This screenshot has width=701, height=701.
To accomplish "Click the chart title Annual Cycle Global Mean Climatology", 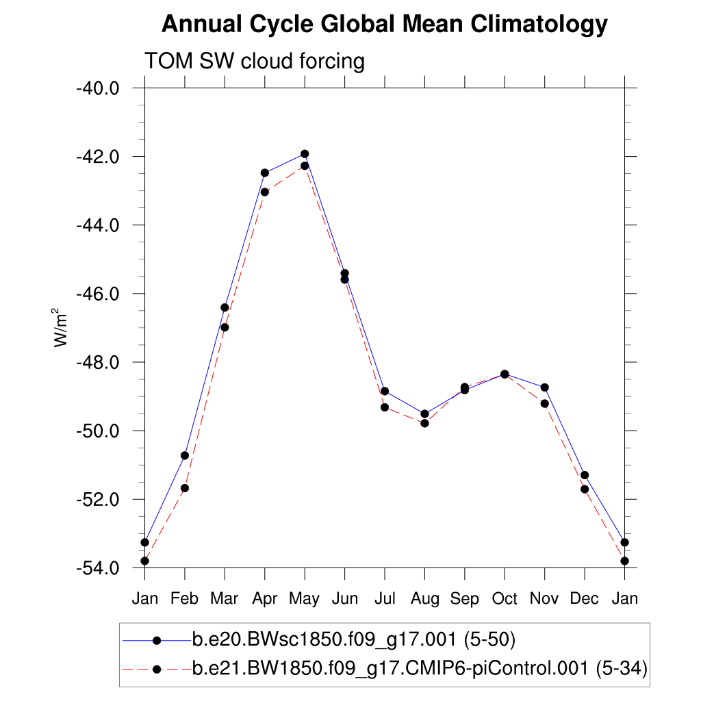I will coord(384,25).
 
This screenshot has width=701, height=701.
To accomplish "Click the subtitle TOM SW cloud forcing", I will coord(254,62).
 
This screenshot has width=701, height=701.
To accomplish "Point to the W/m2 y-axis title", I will coord(62,327).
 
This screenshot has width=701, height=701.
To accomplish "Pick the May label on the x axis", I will coord(304,599).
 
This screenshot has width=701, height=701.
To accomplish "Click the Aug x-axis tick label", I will coord(424,599).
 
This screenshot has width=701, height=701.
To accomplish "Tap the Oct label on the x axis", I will coord(505,599).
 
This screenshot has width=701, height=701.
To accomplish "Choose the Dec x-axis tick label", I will coord(585,599).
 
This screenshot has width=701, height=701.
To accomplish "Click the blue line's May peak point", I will coord(305,153).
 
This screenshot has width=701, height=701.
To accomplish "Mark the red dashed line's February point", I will coord(185,488).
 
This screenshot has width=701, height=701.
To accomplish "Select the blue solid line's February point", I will coord(185,455).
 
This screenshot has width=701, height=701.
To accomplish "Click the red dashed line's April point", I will coord(265,192).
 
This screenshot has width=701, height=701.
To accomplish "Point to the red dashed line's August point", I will coord(424,423).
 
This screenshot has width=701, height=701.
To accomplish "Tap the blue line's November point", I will coord(545,387).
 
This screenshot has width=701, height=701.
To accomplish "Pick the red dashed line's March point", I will coord(225,327).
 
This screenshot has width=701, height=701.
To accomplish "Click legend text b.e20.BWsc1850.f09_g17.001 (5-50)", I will coord(353,640).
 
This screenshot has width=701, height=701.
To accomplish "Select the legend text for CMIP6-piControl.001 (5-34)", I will coord(420,669).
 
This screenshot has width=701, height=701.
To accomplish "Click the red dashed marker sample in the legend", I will coord(157,669).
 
